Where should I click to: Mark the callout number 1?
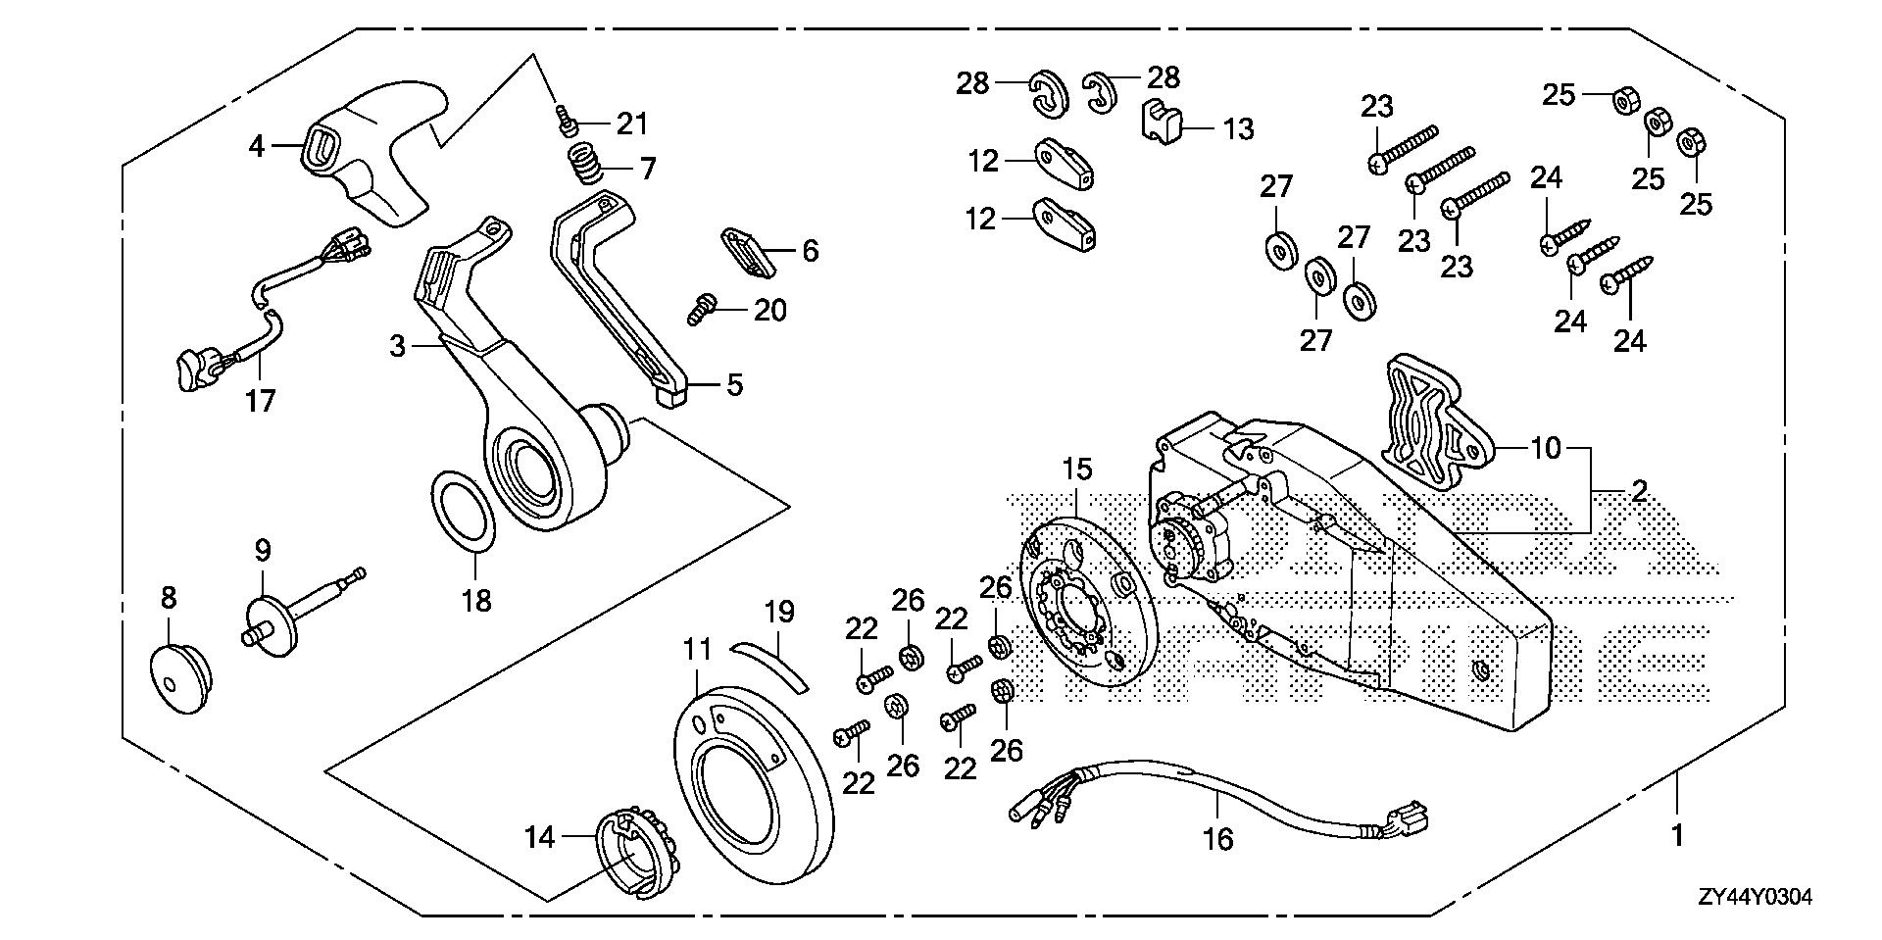(1677, 836)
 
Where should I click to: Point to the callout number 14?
(539, 837)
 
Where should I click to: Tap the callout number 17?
(261, 401)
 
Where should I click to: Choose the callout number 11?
(697, 649)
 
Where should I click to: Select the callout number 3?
(397, 346)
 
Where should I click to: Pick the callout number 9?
(263, 552)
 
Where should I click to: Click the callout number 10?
(1546, 449)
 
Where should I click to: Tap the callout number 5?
(734, 384)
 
